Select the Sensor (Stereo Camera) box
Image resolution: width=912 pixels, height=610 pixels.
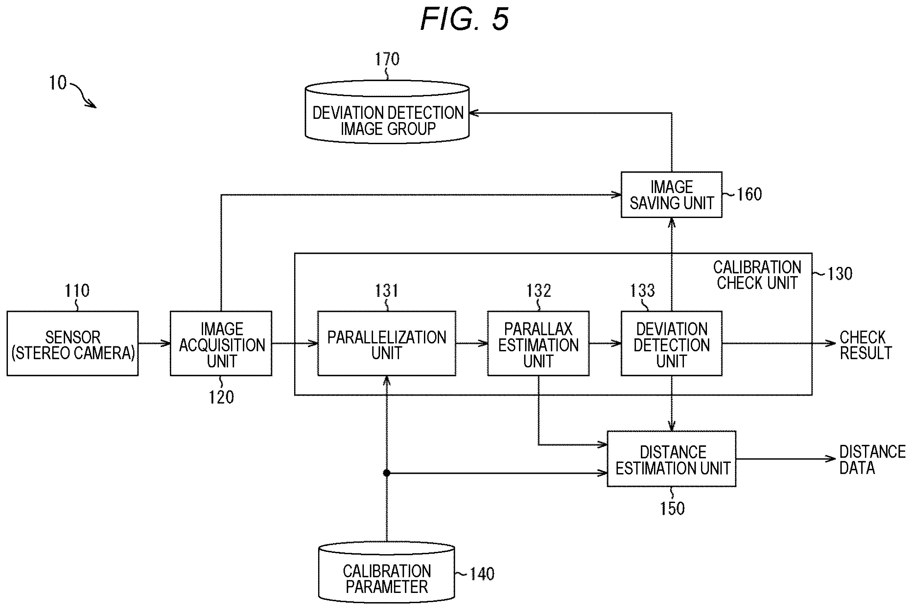coord(73,343)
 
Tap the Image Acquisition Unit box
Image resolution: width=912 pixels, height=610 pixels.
coord(221,343)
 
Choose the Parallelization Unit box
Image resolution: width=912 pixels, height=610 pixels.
coord(387,343)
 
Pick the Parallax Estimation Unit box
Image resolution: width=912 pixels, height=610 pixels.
coord(538,343)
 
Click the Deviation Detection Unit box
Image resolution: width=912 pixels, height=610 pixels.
coord(672,343)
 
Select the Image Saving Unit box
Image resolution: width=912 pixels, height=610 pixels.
coord(672,194)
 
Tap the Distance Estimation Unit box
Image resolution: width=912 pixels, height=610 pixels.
coord(672,459)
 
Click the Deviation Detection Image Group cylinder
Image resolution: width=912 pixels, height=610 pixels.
coord(387,112)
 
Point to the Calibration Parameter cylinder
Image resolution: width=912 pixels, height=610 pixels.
coord(387,572)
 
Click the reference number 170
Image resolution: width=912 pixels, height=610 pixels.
coord(387,59)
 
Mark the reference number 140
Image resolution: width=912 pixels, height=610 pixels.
coord(482,574)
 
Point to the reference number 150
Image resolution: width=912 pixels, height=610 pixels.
coord(672,509)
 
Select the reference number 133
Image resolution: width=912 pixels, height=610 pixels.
coord(643,290)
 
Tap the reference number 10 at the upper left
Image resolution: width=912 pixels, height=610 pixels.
coord(58,82)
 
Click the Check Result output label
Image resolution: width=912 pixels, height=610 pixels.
coord(865,345)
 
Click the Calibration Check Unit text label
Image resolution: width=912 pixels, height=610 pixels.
coord(757,275)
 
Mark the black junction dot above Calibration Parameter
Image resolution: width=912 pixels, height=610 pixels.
coord(387,473)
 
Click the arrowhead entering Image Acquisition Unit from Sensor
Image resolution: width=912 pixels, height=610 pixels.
coord(166,343)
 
